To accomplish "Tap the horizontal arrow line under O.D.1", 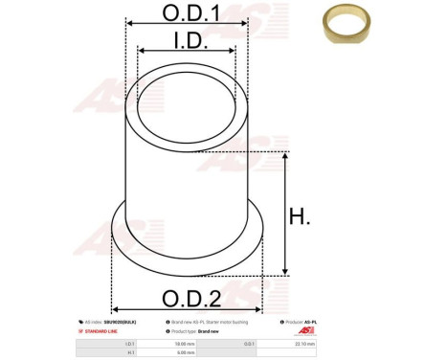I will pos(186,28).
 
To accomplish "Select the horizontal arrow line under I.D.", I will pos(186,52).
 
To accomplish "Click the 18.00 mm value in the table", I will pos(184,342).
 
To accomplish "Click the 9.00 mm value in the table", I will pos(184,352).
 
